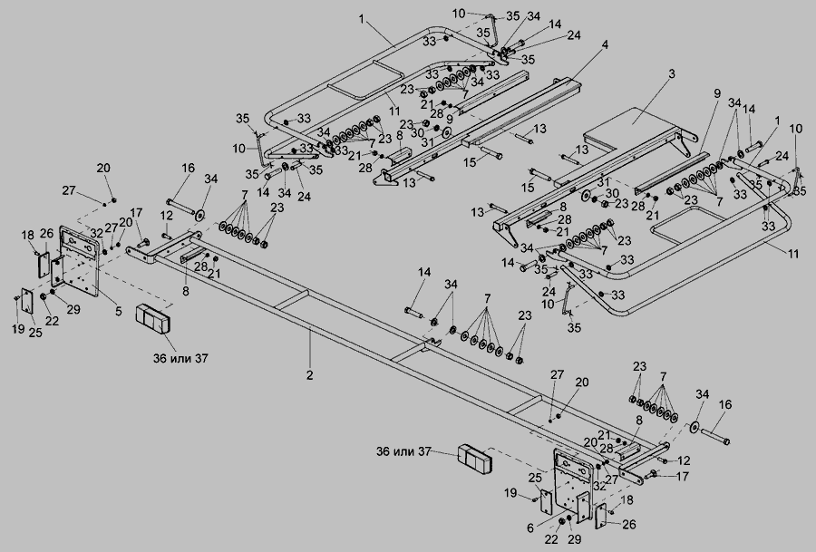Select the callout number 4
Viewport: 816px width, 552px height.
(605, 44)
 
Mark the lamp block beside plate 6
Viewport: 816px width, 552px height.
(475, 460)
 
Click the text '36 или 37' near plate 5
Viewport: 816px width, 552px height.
(181, 358)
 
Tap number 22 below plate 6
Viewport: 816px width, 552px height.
(551, 539)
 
